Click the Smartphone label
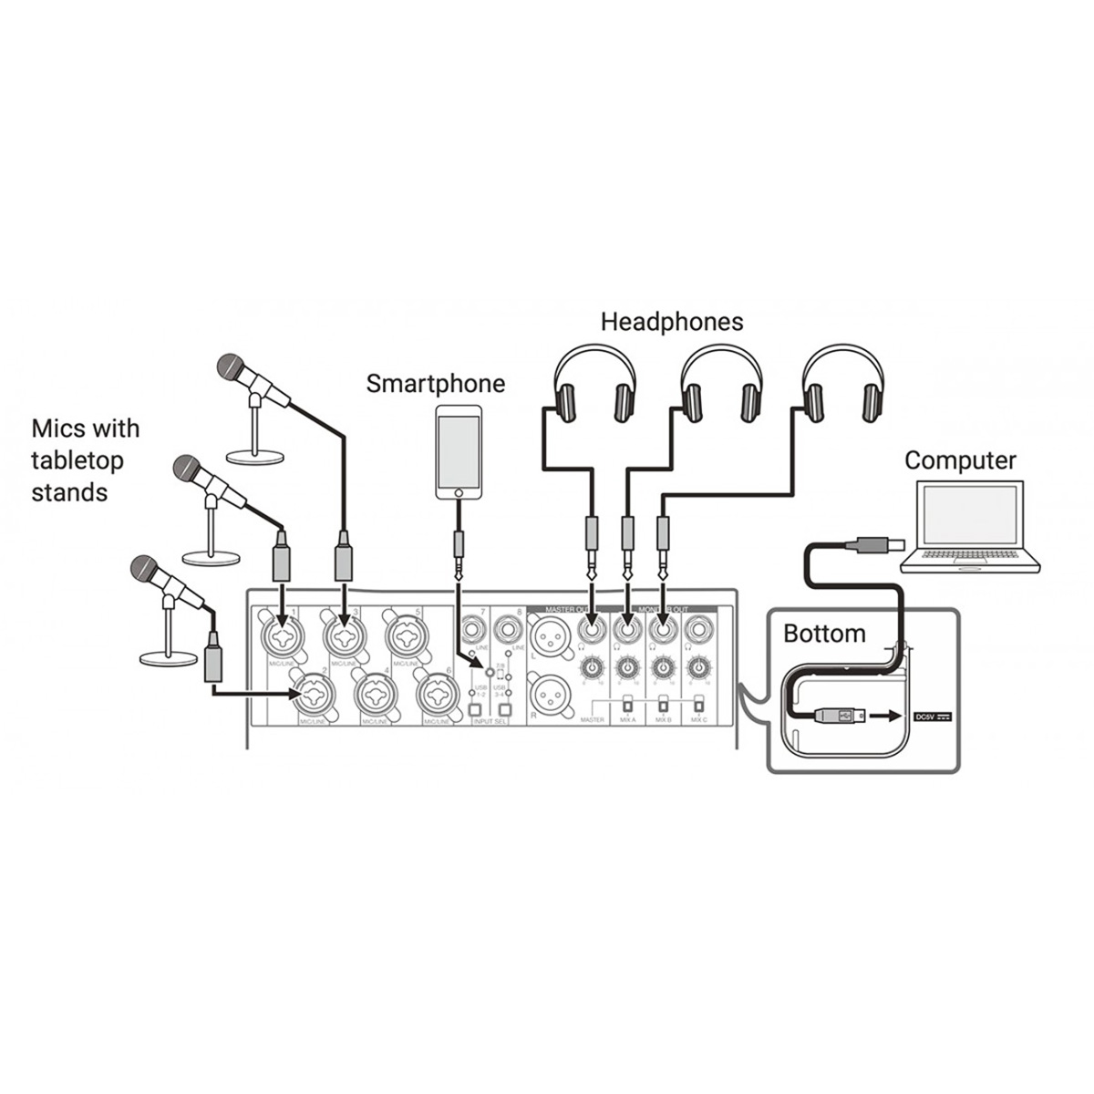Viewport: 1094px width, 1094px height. tap(435, 384)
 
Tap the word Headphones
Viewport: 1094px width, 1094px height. tap(672, 322)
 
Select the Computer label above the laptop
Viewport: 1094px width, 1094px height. tap(960, 460)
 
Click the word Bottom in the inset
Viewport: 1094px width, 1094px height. tap(824, 634)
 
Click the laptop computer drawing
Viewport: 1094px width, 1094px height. tap(969, 529)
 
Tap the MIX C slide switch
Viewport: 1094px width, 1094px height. tap(698, 704)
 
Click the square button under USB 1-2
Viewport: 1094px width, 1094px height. tap(474, 710)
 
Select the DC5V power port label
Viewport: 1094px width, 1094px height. tap(932, 717)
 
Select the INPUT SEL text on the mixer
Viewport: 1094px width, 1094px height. tap(490, 722)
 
